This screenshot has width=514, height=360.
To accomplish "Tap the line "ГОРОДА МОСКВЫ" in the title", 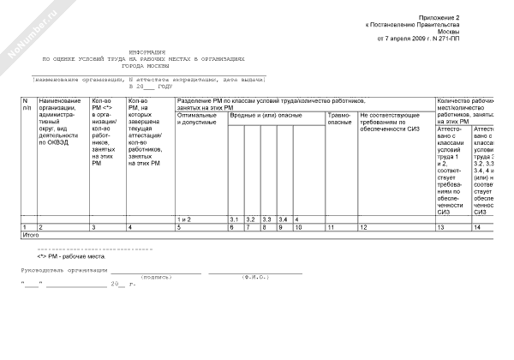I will [x=146, y=66].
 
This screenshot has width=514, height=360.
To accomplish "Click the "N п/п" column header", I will [x=27, y=105].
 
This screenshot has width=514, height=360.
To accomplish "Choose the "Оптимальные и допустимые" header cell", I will [x=198, y=119].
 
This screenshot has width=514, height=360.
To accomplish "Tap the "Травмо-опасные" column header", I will [x=340, y=119].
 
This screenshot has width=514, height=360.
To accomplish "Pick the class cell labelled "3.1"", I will [x=234, y=219].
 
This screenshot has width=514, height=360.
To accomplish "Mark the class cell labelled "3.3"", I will [x=266, y=219].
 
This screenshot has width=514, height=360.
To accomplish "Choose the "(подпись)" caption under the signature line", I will [x=156, y=278].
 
